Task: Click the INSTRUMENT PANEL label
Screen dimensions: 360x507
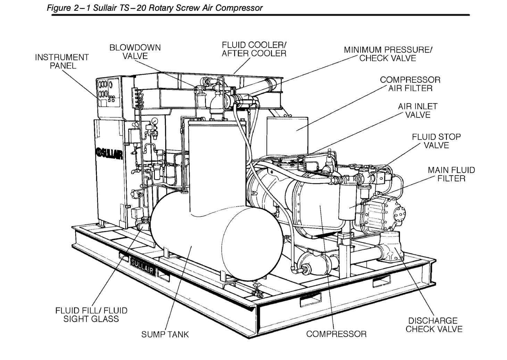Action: [62, 62]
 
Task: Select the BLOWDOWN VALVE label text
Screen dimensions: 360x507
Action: [135, 52]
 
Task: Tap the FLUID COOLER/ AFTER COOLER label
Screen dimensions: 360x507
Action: [254, 49]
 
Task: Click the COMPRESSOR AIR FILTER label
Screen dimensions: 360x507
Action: [410, 84]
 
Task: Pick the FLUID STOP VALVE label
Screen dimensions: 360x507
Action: [436, 141]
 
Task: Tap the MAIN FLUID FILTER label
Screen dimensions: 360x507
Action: [451, 174]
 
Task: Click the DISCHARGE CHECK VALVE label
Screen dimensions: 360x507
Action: [434, 325]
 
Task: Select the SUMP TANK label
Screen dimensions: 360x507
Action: [165, 334]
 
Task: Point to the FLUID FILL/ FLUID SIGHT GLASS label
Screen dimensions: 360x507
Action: [91, 314]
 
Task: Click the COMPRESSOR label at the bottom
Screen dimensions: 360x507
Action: [336, 334]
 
